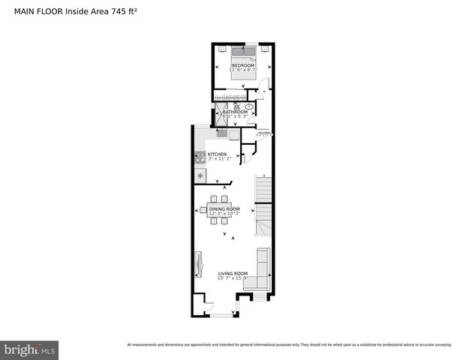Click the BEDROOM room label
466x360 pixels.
click(243, 66)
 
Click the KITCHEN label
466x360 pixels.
click(217, 154)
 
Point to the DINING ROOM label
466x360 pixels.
click(224, 208)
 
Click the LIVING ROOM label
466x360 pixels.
click(233, 273)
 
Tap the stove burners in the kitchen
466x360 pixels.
click(200, 157)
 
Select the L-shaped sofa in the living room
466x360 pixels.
click(260, 271)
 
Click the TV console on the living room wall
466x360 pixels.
click(198, 263)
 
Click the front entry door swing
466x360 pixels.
click(209, 307)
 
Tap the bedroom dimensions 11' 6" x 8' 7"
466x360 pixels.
click(243, 70)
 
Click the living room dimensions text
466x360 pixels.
click(233, 278)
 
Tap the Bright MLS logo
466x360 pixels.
click(30, 350)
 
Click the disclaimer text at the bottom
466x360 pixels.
click(289, 345)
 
